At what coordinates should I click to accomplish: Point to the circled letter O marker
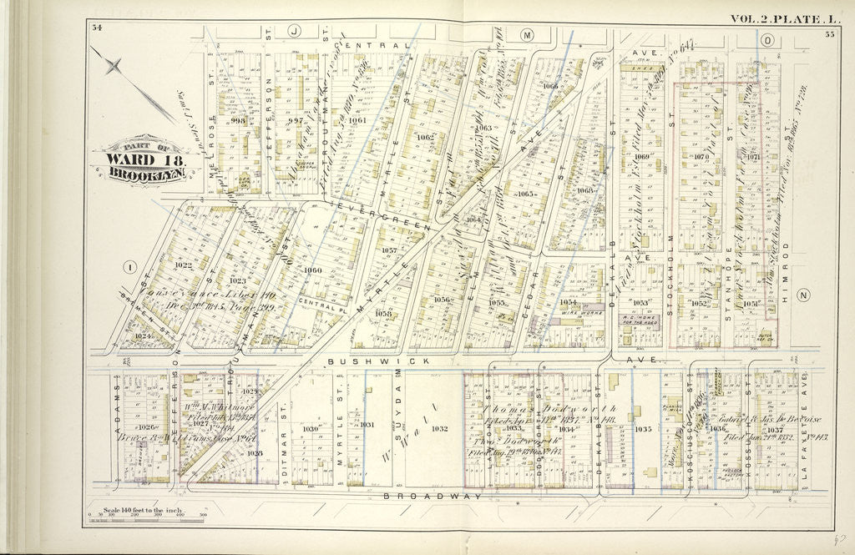[766, 39]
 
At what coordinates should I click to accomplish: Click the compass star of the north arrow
[114, 66]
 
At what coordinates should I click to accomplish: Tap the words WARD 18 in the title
[138, 161]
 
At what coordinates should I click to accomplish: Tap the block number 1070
[701, 156]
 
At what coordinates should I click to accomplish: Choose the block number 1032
[440, 428]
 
